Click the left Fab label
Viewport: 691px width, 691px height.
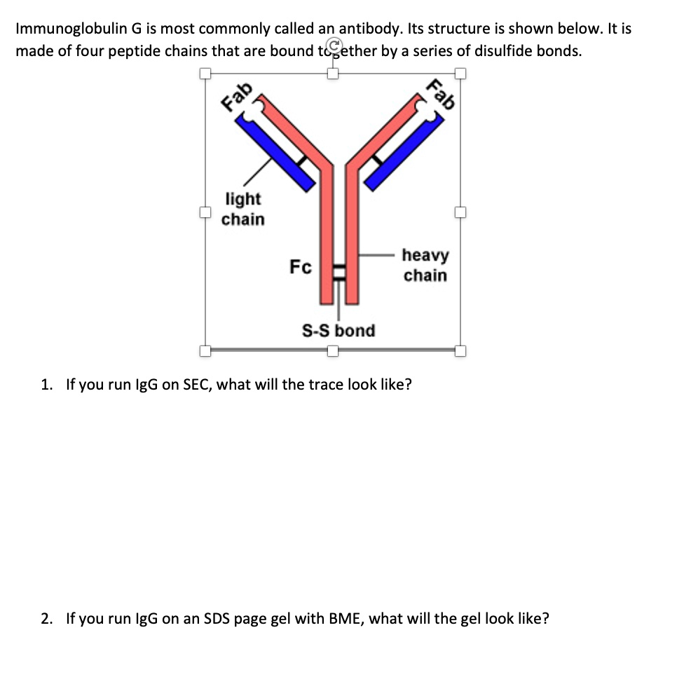(238, 96)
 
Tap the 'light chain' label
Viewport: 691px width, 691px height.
(243, 209)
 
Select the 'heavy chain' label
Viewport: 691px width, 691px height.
(425, 265)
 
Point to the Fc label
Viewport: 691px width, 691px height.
(301, 267)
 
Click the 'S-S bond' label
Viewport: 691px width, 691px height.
(338, 330)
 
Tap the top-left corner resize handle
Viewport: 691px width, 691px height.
(205, 73)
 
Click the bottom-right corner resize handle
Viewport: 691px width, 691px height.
(460, 350)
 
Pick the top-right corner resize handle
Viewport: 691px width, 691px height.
(460, 73)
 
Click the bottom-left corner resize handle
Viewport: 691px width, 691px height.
(205, 350)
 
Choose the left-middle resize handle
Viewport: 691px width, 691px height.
(205, 212)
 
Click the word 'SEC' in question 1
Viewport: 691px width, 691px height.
(198, 385)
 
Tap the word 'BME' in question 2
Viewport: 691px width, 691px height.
(344, 619)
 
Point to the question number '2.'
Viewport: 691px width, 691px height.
(47, 619)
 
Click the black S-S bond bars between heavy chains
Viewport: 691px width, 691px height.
(340, 272)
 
